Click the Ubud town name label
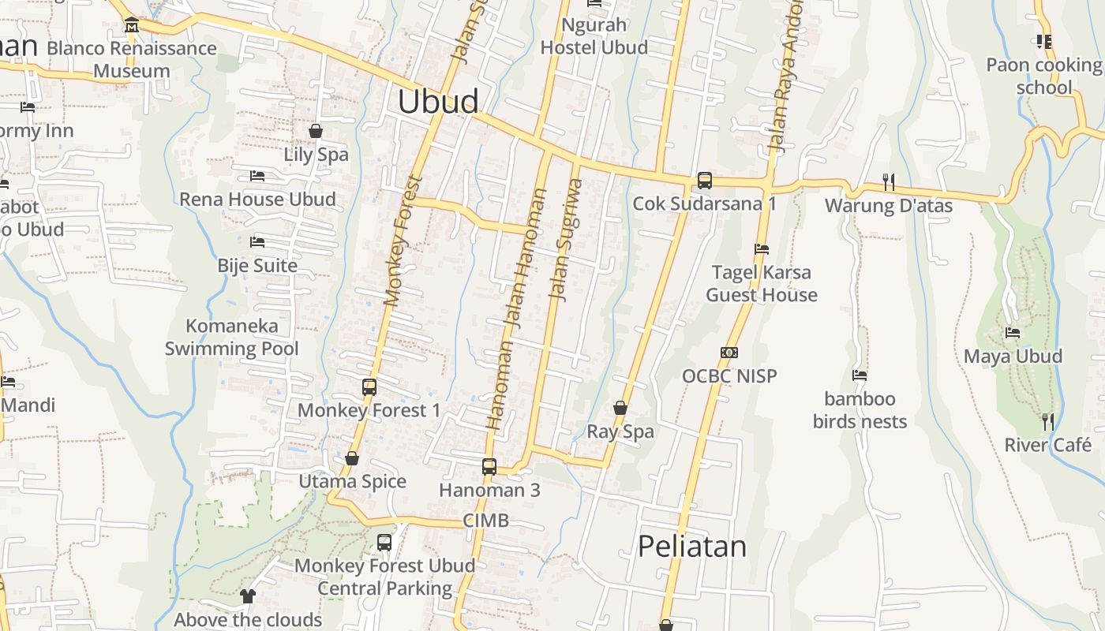pos(438,102)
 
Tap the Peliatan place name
pos(691,546)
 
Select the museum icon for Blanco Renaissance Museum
pos(132,25)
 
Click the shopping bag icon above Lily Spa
pos(316,131)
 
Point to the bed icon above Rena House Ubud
pos(257,176)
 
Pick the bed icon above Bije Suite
pos(257,242)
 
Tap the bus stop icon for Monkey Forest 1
pos(369,386)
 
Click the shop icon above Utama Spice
pos(352,458)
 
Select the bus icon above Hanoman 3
pos(489,466)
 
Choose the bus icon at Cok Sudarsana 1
pos(705,181)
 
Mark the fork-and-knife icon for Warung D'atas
pos(889,182)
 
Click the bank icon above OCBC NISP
pos(729,353)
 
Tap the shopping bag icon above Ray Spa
pos(620,408)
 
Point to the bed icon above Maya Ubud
pos(1013,333)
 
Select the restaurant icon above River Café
pos(1047,422)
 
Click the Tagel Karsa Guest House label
pos(761,284)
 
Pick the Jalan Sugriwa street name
pos(567,240)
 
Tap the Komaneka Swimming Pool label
pos(232,337)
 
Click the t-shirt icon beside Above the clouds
pos(248,596)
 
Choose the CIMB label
pos(485,521)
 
